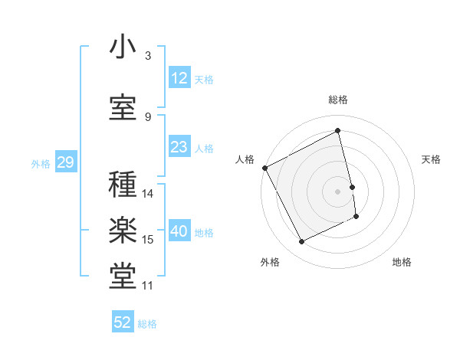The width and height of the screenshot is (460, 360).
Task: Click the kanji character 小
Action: pyautogui.click(x=123, y=47)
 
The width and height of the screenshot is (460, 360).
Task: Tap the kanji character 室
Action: pyautogui.click(x=123, y=108)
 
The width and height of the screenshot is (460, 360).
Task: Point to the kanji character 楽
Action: pyautogui.click(x=123, y=232)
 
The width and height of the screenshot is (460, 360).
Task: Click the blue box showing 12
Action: pyautogui.click(x=179, y=78)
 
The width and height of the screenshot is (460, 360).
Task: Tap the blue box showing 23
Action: pyautogui.click(x=179, y=147)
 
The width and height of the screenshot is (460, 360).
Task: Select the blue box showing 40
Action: pyautogui.click(x=179, y=232)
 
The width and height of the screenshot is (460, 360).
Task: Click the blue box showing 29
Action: pyautogui.click(x=65, y=163)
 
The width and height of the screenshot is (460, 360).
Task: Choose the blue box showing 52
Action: pyautogui.click(x=123, y=322)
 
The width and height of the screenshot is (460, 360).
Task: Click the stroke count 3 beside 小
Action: pyautogui.click(x=148, y=55)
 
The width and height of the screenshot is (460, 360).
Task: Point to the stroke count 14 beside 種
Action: pyautogui.click(x=148, y=194)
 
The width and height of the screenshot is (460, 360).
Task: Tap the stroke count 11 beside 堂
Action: pyautogui.click(x=148, y=286)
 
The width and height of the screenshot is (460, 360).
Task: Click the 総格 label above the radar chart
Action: pyautogui.click(x=338, y=100)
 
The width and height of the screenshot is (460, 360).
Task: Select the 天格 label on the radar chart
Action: pyautogui.click(x=431, y=159)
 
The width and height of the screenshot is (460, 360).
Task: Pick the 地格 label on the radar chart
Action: pyautogui.click(x=402, y=262)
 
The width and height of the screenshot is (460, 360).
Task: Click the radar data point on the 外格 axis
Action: pyautogui.click(x=301, y=242)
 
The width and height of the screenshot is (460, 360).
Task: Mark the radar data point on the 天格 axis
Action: pyautogui.click(x=352, y=187)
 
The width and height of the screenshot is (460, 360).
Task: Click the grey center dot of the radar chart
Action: pyautogui.click(x=338, y=191)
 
